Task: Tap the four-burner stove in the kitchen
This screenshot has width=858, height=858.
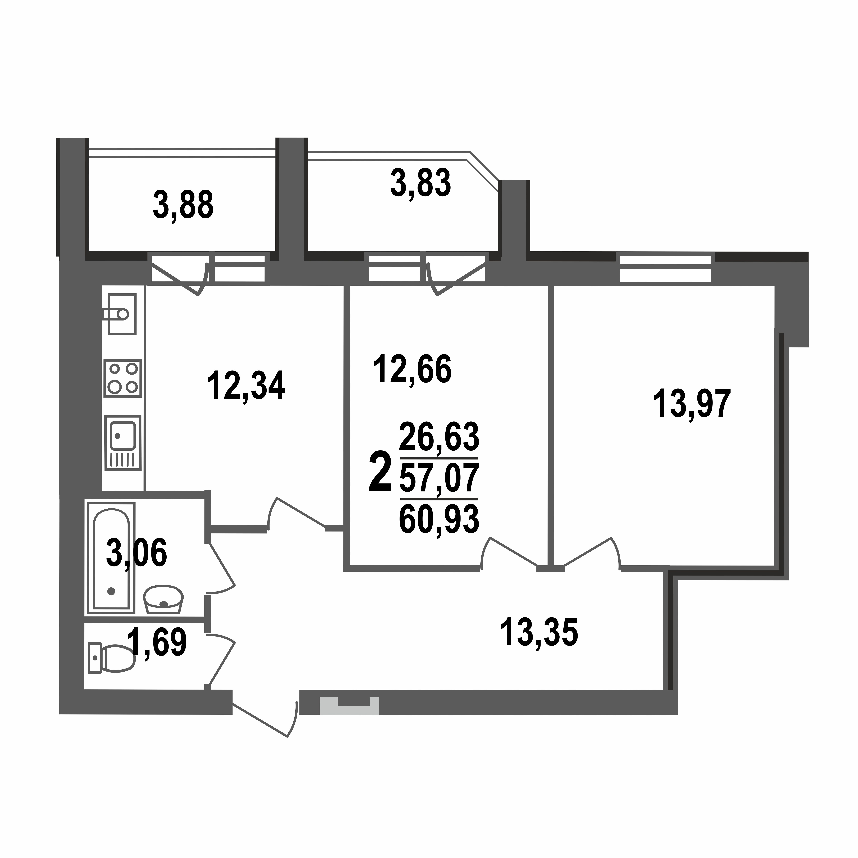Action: point(123,378)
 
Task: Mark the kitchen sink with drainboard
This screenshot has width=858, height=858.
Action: point(123,443)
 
